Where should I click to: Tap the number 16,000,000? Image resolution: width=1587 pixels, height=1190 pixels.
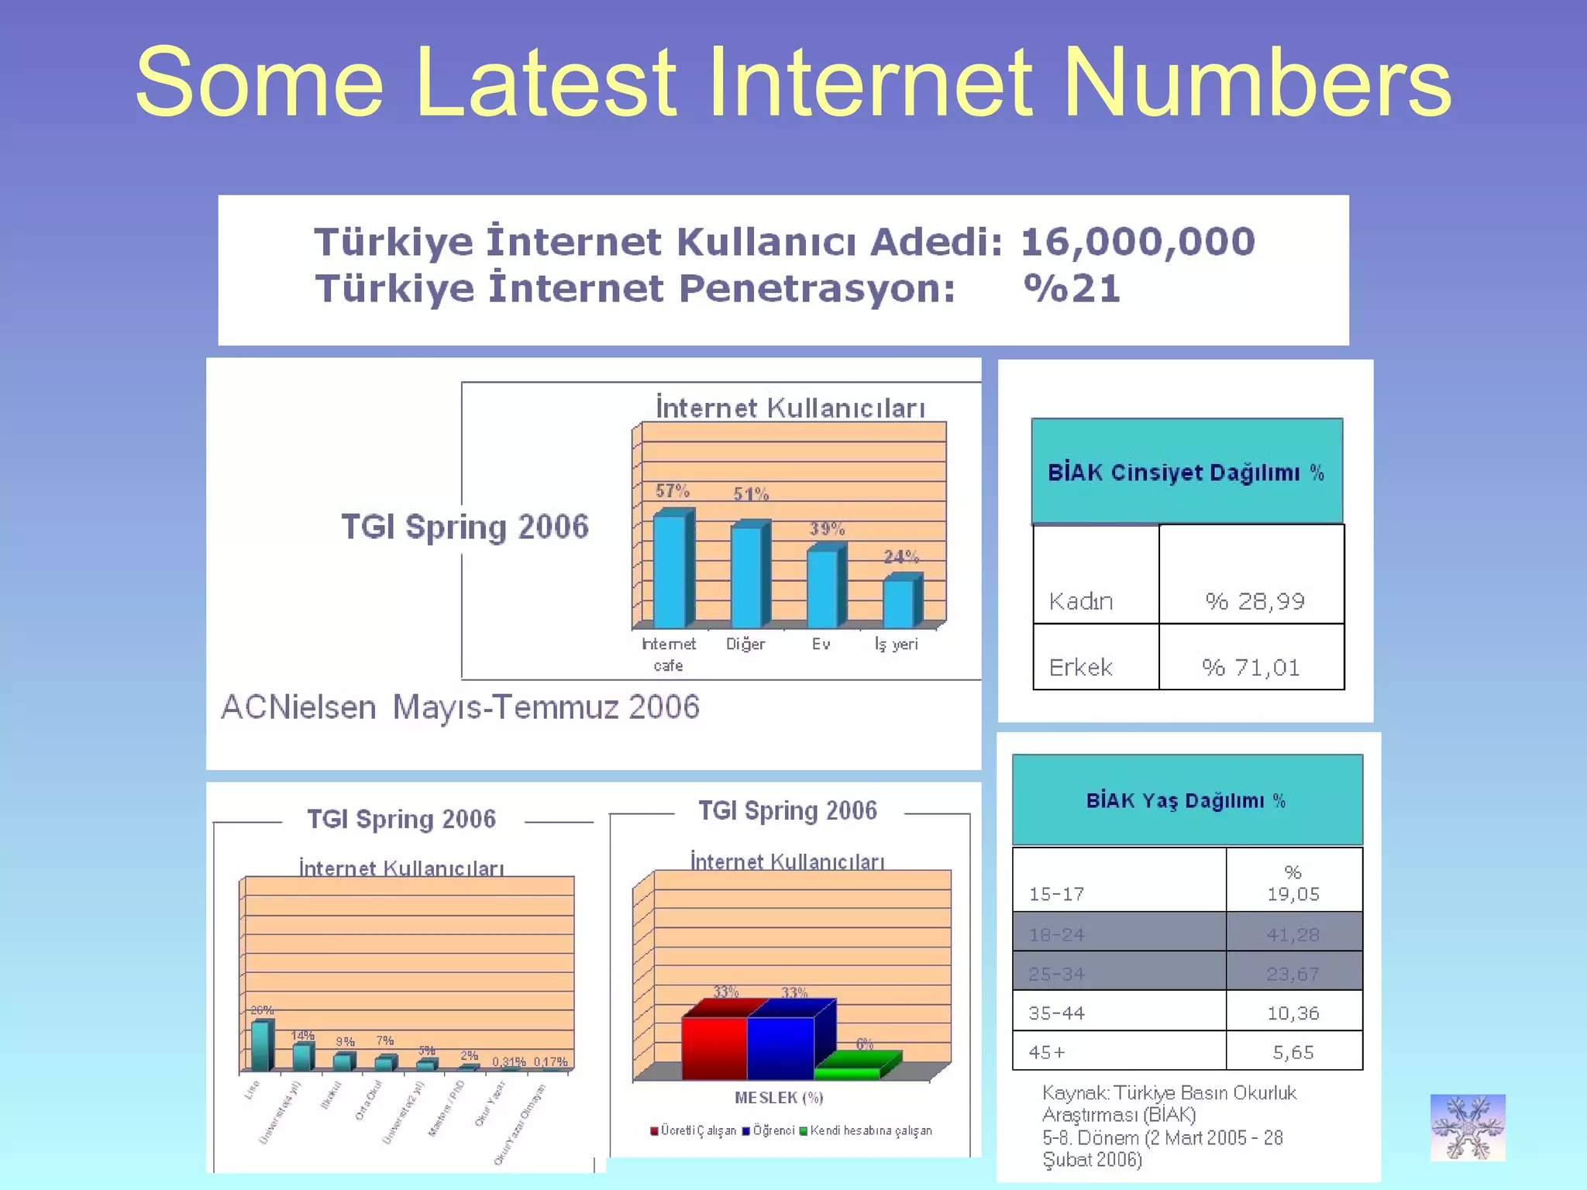1137,242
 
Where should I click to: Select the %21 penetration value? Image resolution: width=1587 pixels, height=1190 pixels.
1072,288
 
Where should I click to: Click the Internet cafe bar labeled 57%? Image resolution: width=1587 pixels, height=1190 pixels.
670,569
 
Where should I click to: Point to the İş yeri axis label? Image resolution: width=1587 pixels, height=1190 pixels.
896,645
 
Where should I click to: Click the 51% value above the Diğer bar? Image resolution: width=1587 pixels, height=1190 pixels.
750,494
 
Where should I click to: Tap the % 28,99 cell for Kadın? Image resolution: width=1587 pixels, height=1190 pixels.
1254,601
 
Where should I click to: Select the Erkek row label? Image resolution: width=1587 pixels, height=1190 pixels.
1080,668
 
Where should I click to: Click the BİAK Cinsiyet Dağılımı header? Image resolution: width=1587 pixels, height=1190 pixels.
1186,473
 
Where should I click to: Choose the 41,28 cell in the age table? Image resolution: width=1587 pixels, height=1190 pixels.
1293,934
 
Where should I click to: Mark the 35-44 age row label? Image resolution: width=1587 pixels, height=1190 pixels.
1056,1013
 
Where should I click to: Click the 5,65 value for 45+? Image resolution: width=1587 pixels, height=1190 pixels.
1293,1053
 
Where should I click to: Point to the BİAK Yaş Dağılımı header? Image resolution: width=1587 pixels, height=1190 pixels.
1186,801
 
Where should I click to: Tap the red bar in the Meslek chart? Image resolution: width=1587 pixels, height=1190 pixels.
714,1047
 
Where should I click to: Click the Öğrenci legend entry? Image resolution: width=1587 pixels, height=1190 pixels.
769,1131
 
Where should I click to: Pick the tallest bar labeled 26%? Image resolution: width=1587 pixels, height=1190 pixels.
261,1046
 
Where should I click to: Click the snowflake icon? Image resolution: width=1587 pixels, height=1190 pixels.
1467,1127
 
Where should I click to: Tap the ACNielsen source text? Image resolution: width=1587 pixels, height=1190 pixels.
460,707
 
